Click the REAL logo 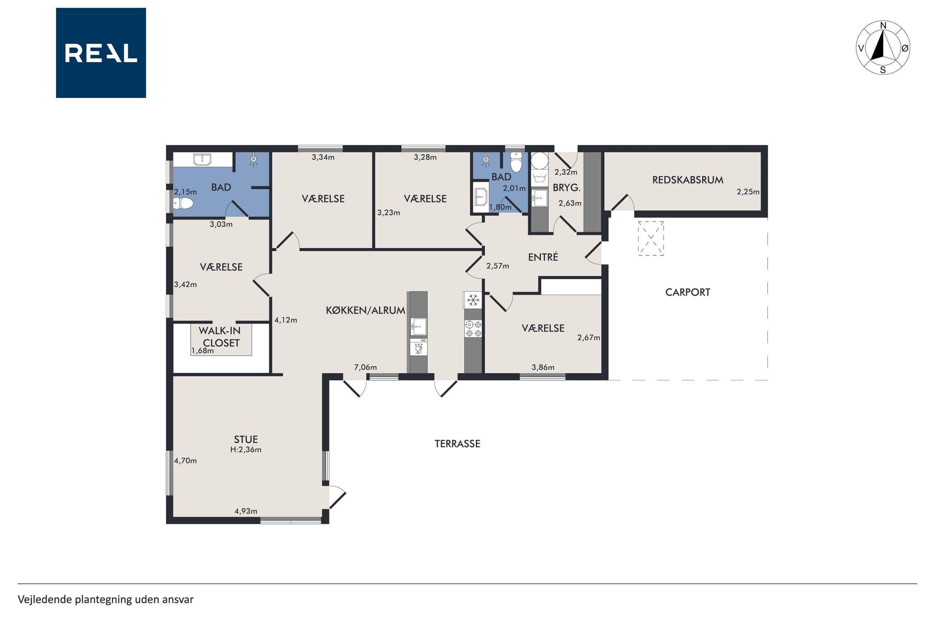101,53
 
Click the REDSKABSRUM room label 688,180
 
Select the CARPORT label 688,293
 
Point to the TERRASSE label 457,444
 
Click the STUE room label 246,439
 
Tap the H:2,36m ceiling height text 246,449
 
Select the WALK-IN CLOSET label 220,337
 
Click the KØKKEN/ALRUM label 365,310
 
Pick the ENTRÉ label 543,257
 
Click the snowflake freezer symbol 473,300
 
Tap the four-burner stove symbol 473,329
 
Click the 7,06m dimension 365,367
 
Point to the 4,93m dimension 246,511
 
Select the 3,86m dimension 542,367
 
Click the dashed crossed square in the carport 651,238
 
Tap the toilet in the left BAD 183,204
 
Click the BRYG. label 567,188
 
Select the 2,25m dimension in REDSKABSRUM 748,192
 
